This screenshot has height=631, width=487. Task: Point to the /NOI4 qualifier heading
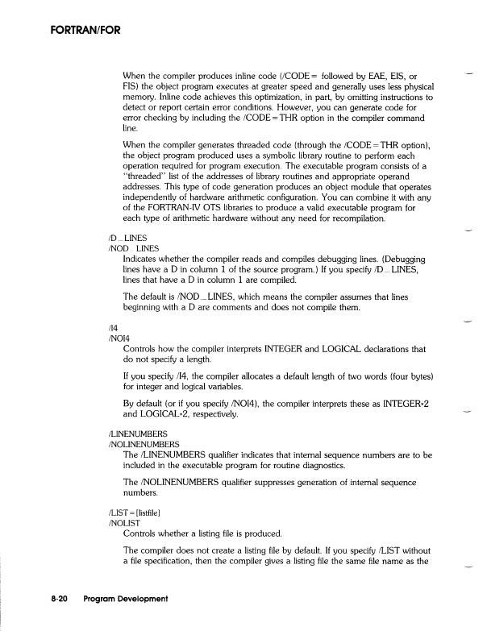118,339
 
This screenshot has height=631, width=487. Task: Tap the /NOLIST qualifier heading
123,523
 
